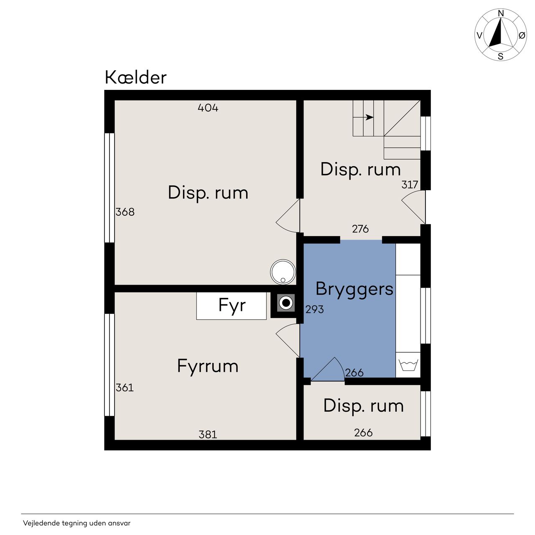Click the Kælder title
coord(135,77)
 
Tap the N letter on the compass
coord(501,13)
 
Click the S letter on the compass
coord(501,57)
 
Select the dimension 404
coord(208,108)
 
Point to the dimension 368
coord(125,212)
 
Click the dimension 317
coord(410,185)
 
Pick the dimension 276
coord(360,229)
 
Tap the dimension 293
coord(315,309)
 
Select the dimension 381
coord(208,435)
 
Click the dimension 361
coord(125,387)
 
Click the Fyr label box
coord(231,306)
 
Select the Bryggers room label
coord(354,289)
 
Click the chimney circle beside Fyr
coord(285,303)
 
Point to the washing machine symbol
coord(408,365)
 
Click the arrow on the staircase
coord(369,117)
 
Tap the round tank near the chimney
coord(283,272)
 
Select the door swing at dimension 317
coord(413,207)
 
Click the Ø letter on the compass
coord(522,36)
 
